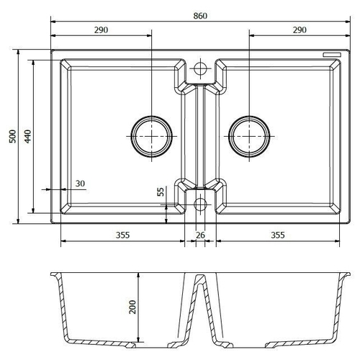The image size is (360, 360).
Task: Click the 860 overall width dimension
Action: (200, 16)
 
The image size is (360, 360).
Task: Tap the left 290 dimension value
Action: (101, 30)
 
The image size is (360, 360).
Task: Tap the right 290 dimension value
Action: (300, 30)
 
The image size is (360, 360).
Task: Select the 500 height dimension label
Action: (12, 136)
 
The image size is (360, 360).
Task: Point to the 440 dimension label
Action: (27, 136)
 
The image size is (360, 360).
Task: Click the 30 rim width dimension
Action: (80, 184)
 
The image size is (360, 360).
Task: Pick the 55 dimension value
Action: (161, 192)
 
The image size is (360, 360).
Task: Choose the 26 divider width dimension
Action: (200, 235)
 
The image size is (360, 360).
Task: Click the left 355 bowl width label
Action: (122, 235)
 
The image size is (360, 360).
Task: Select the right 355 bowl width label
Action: (278, 235)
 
